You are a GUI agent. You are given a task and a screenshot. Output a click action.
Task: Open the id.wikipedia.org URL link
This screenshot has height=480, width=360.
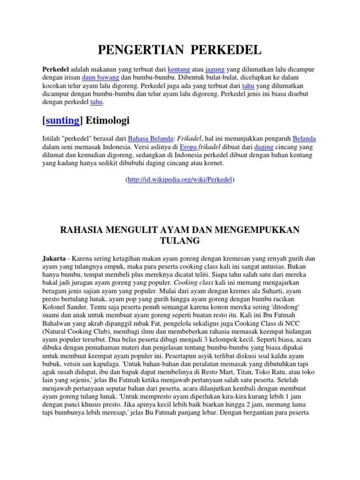[180, 180]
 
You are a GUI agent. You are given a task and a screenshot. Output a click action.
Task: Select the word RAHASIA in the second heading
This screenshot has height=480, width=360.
[84, 230]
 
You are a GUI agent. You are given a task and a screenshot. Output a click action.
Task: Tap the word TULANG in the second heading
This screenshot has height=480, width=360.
[180, 240]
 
